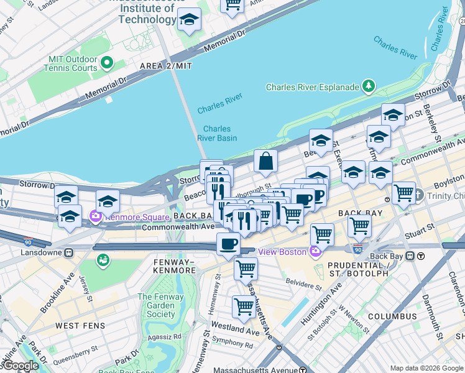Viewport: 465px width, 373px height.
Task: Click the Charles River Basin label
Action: [x=217, y=134]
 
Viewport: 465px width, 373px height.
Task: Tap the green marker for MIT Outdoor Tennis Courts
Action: [x=106, y=62]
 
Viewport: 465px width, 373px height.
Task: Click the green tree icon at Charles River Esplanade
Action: [x=369, y=85]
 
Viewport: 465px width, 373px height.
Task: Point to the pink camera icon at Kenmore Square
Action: [x=96, y=217]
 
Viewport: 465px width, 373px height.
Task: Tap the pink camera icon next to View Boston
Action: [x=315, y=251]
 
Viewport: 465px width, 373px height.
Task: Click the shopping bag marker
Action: [x=265, y=162]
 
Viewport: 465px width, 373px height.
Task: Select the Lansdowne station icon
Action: [x=69, y=252]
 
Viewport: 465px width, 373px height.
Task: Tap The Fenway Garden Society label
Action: [x=161, y=305]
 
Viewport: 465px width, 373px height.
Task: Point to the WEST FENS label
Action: [x=80, y=326]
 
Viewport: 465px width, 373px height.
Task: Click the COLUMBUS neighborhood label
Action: [x=392, y=316]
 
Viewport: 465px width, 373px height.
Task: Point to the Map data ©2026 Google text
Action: [x=426, y=368]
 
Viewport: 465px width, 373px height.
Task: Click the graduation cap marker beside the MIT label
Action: [x=189, y=20]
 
